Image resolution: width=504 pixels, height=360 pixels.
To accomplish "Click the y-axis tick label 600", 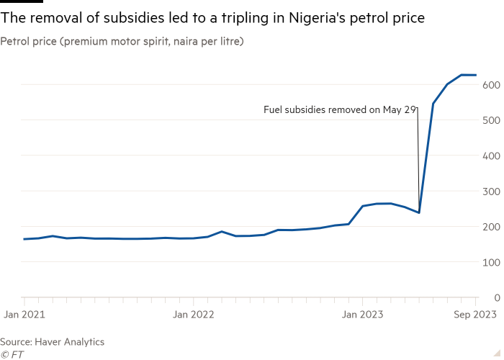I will (x=491, y=85).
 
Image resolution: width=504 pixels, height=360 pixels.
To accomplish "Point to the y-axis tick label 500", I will (x=491, y=120).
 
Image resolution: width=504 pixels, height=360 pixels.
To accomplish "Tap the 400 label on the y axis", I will (x=491, y=156).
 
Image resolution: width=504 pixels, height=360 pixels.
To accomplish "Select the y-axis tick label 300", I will (x=491, y=192).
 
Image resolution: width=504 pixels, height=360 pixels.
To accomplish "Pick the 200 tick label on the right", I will (x=491, y=227).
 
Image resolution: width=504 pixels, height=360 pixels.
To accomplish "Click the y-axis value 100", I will (x=491, y=262).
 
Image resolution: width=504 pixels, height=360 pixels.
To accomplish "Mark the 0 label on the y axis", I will (x=496, y=297).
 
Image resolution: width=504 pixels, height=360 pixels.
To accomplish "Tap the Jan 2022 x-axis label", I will (x=193, y=314).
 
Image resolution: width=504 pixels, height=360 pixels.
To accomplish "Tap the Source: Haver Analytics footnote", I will (x=53, y=342).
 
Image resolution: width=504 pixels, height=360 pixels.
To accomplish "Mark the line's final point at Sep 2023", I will (x=476, y=75).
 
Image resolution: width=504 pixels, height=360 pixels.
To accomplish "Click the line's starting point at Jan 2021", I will (x=24, y=239).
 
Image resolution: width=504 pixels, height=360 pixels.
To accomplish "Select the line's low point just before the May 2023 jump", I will (x=418, y=213).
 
